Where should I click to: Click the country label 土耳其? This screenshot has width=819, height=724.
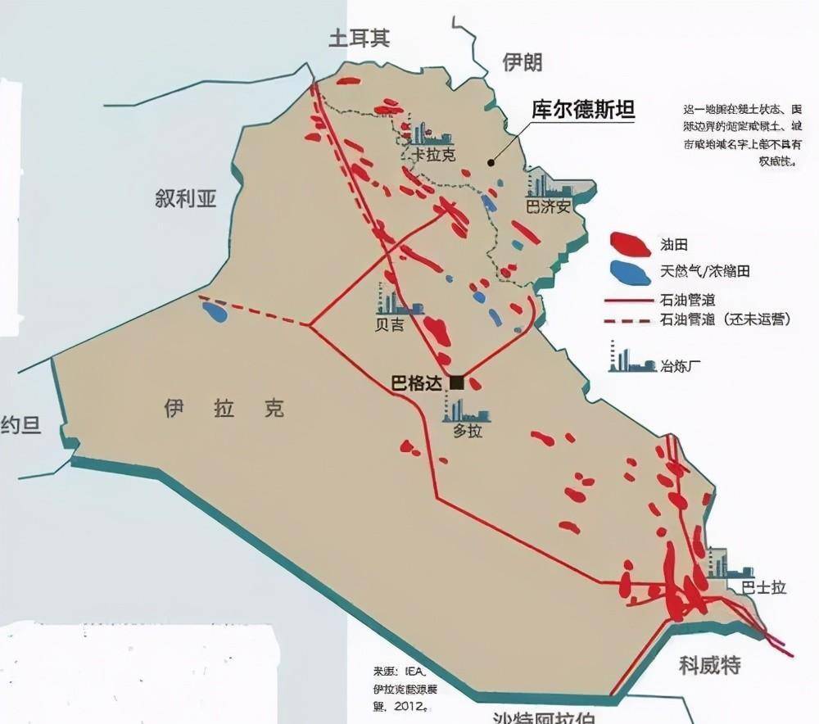(359, 38)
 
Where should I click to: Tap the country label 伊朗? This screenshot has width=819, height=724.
(522, 62)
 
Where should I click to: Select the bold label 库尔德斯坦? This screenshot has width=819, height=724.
(583, 111)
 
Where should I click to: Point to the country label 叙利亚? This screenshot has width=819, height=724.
(185, 198)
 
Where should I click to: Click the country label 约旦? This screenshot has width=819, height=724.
(20, 425)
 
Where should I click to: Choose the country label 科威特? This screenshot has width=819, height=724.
(709, 665)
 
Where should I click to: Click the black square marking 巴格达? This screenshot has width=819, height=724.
(457, 382)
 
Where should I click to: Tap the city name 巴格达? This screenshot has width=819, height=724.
(416, 382)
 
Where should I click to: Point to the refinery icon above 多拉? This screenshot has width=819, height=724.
(465, 410)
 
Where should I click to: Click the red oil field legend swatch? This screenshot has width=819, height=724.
(630, 243)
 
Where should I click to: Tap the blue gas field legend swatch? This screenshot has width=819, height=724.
(630, 272)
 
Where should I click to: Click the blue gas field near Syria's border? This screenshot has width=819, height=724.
(215, 311)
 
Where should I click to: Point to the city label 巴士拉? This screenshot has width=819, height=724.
(762, 587)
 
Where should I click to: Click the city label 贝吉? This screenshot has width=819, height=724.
(389, 325)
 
